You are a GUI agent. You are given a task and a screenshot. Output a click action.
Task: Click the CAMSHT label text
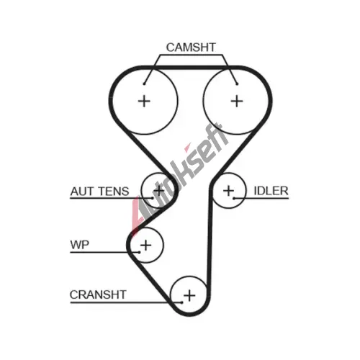pyautogui.click(x=191, y=48)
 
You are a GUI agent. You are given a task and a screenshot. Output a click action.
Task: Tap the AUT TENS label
pyautogui.click(x=99, y=192)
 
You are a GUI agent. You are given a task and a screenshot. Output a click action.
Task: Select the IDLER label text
pyautogui.click(x=271, y=191)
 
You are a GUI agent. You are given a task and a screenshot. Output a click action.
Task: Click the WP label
pyautogui.click(x=79, y=245)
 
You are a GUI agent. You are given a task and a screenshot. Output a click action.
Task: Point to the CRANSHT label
pyautogui.click(x=98, y=294)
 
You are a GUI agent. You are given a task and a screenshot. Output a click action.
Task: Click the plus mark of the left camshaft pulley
pyautogui.click(x=144, y=101)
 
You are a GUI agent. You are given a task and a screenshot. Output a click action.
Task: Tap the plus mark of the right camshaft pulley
pyautogui.click(x=237, y=101)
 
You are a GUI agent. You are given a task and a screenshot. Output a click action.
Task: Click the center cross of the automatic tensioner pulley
pyautogui.click(x=158, y=191)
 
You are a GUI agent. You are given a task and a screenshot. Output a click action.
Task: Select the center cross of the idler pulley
pyautogui.click(x=228, y=191)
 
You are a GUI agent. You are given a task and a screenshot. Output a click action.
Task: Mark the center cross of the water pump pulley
pyautogui.click(x=145, y=246)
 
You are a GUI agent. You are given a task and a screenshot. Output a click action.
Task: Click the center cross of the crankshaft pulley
pyautogui.click(x=189, y=295)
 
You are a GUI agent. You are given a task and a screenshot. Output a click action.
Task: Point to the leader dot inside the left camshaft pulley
pyautogui.click(x=144, y=84)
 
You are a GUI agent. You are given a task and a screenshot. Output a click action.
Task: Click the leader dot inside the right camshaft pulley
pyautogui.click(x=237, y=84)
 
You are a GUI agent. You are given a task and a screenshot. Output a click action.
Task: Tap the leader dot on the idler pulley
pyautogui.click(x=234, y=198)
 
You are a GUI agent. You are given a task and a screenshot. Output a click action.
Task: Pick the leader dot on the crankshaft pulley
pyautogui.click(x=181, y=302)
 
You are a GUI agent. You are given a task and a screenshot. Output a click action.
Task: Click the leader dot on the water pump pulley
pyautogui.click(x=139, y=252)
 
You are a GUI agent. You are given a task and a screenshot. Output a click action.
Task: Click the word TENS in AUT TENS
pyautogui.click(x=114, y=192)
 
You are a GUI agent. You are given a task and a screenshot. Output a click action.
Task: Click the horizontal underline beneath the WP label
pyautogui.click(x=104, y=252)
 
